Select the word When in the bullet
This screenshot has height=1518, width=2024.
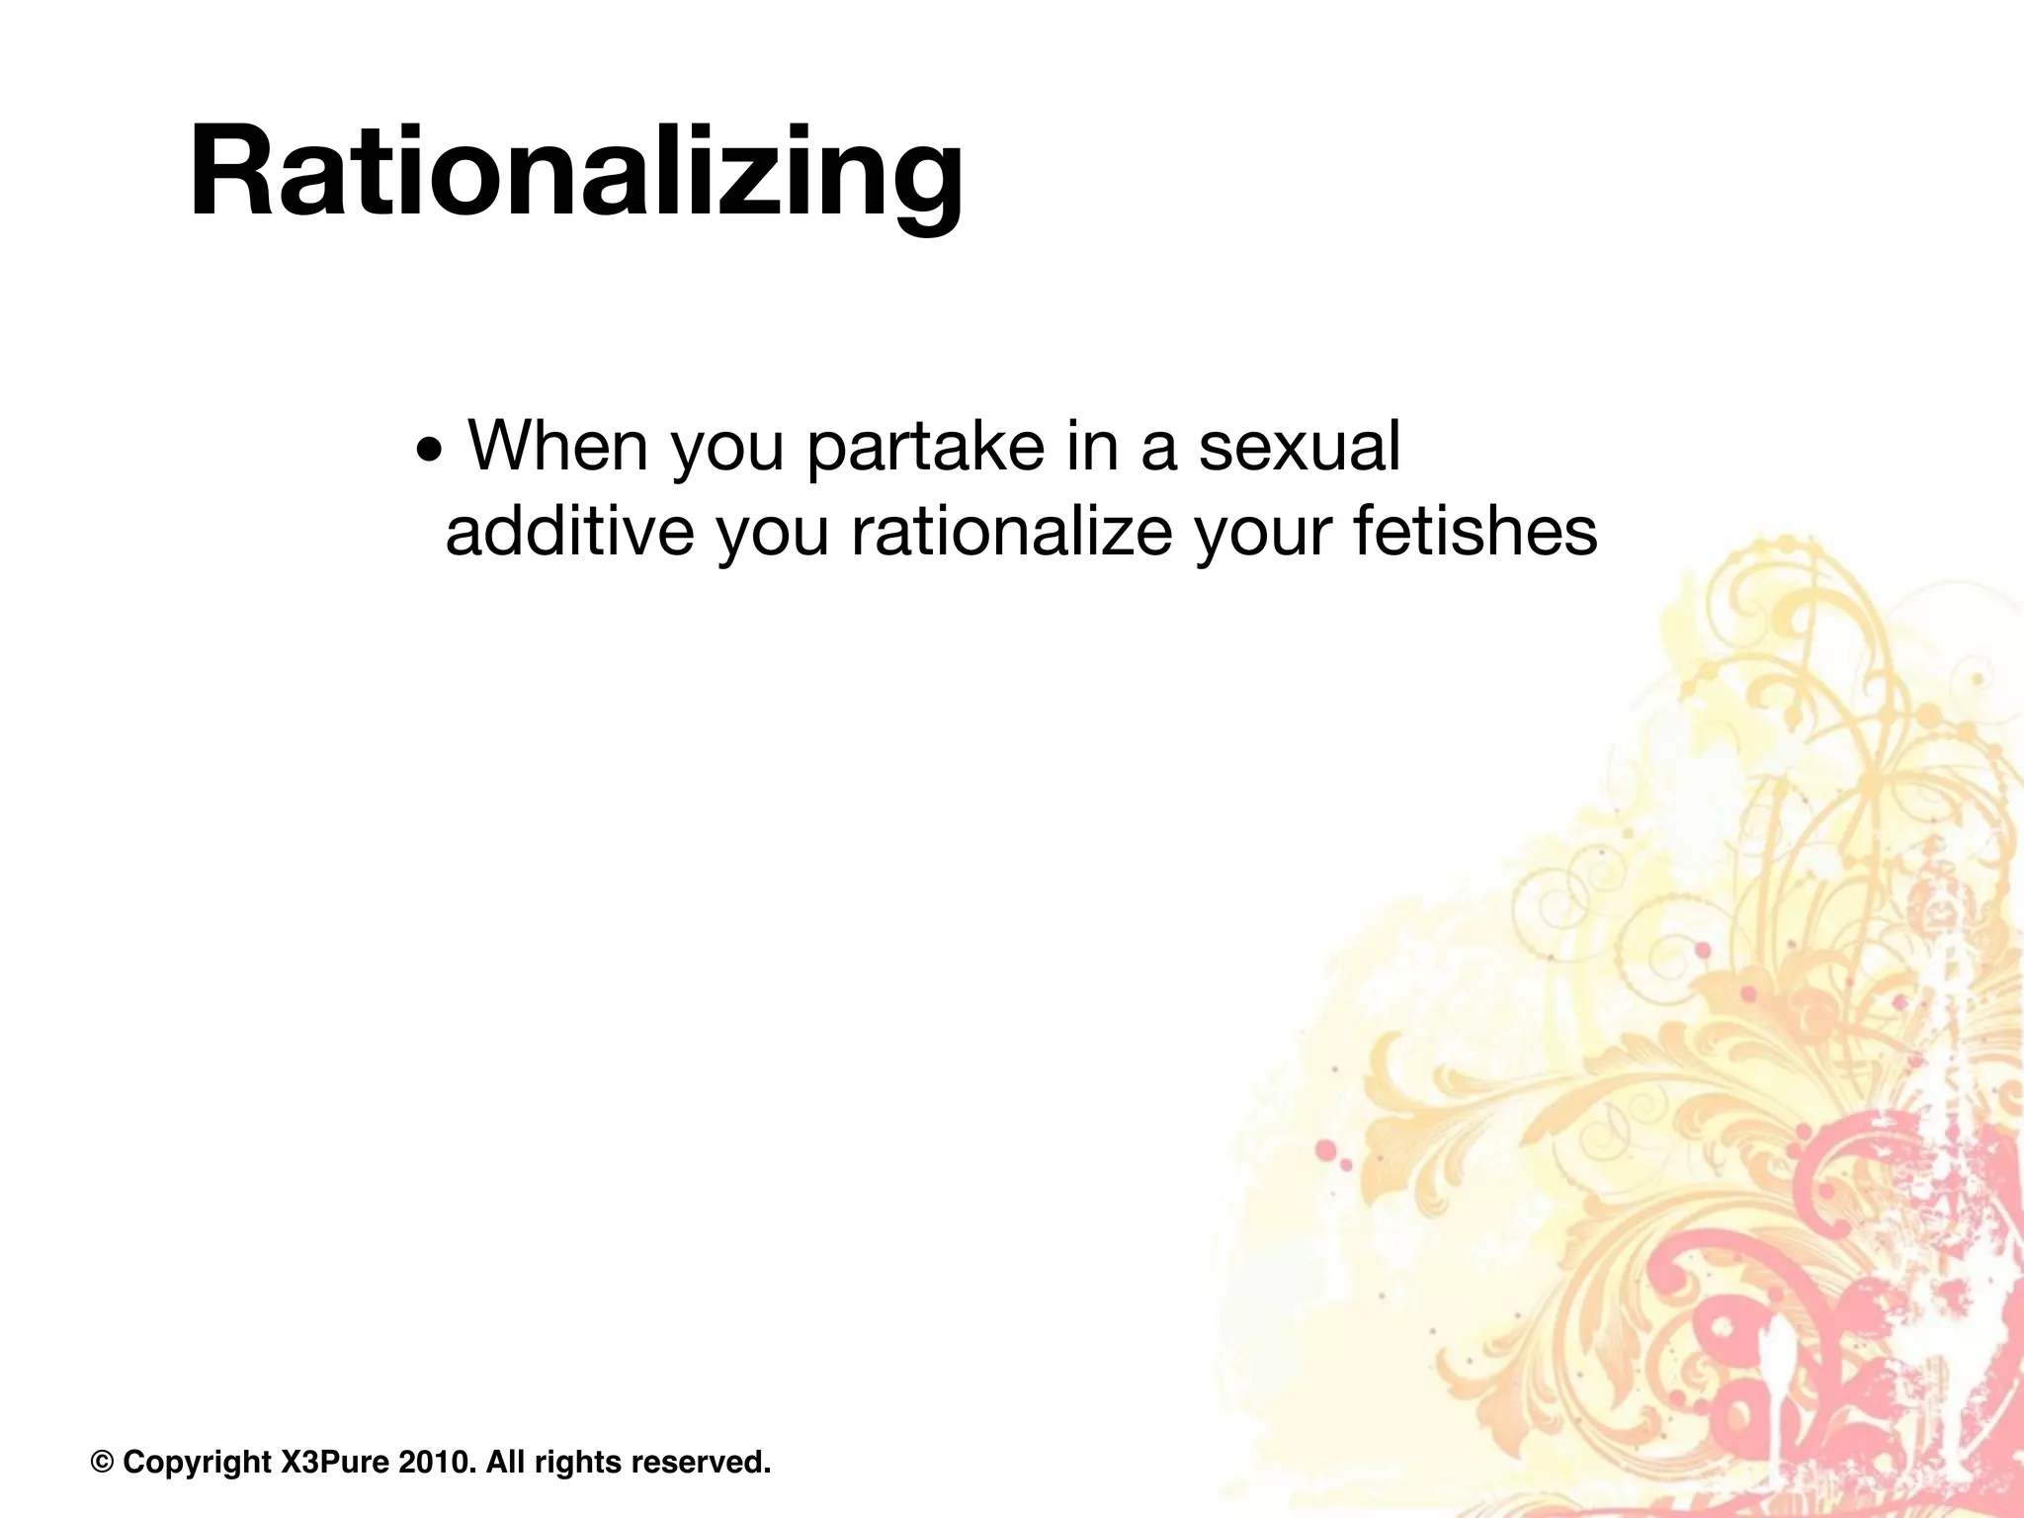(558, 446)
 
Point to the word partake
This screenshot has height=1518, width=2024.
(925, 448)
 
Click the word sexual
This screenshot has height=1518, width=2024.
(1300, 446)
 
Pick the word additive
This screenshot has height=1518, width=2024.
(569, 531)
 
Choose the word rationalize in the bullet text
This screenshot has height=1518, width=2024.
(1011, 531)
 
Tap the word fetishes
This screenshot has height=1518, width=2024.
(1474, 531)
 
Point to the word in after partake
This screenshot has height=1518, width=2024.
(1092, 446)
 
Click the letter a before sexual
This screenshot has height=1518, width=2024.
(1157, 448)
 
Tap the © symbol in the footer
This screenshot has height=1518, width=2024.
(102, 1462)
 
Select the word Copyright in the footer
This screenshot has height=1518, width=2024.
(198, 1462)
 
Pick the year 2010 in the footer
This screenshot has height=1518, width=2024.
(434, 1462)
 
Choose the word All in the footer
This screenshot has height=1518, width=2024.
(505, 1462)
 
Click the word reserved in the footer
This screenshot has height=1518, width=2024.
(700, 1462)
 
